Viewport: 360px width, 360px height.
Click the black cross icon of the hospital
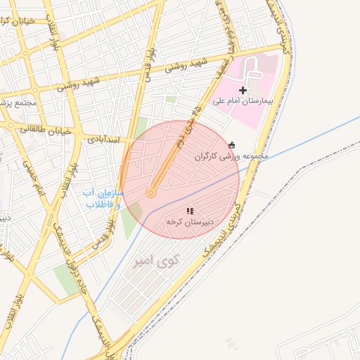coord(243,90)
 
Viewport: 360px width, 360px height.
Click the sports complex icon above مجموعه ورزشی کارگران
coord(232,145)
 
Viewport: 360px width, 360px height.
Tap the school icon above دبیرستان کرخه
coord(189,211)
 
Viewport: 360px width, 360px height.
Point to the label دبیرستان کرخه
coord(184,221)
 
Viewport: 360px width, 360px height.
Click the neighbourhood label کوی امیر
coord(156,260)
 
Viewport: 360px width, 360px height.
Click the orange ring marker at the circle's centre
coord(150,193)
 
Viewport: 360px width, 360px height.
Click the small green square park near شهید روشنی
coord(171,99)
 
